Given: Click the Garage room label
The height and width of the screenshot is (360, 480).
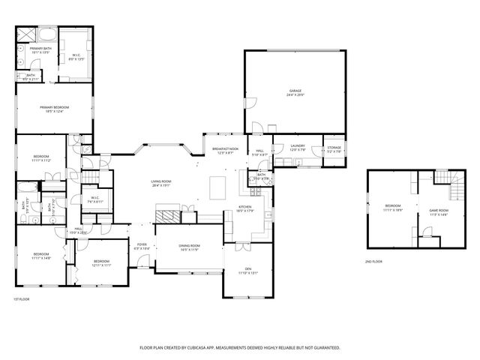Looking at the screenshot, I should click(295, 91).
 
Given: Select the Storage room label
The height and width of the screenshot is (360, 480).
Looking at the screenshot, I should click(334, 148).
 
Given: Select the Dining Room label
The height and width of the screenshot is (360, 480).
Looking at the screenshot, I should click(189, 245).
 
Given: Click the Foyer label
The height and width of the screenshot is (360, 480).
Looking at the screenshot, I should click(142, 244).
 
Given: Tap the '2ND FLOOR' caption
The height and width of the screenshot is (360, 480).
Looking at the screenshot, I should click(373, 262).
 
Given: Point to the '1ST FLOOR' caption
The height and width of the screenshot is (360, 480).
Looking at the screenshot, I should click(21, 299).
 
